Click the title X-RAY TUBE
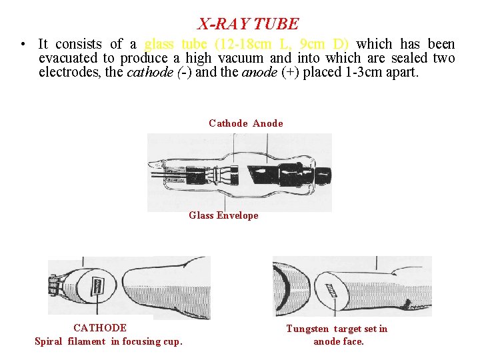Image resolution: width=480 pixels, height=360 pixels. point(249,24)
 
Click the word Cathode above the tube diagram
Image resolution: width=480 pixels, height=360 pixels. point(228,123)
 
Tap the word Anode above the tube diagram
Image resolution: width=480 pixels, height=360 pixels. point(268,123)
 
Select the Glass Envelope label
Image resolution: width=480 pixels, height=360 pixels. point(223,215)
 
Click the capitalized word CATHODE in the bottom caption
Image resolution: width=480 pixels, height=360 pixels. point(100,328)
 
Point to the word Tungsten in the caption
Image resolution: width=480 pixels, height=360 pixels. point(307,329)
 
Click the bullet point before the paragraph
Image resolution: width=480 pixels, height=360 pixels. point(23,45)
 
